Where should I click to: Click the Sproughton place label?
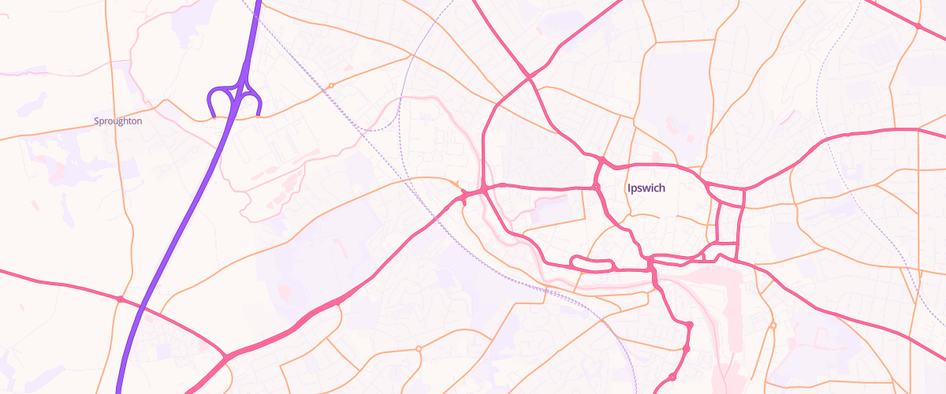117,121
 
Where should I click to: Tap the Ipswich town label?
646,188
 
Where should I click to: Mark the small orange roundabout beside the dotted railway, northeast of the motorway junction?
331,85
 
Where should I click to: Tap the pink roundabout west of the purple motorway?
120,299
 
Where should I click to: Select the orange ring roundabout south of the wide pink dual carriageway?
419,348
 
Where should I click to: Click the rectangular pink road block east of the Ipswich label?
730,224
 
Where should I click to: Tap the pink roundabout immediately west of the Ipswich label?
597,188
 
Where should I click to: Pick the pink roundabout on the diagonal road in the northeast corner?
918,27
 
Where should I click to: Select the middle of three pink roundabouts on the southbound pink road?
686,348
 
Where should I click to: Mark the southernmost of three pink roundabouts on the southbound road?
672,377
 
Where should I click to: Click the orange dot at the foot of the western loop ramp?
214,117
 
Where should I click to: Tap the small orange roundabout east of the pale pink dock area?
773,325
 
